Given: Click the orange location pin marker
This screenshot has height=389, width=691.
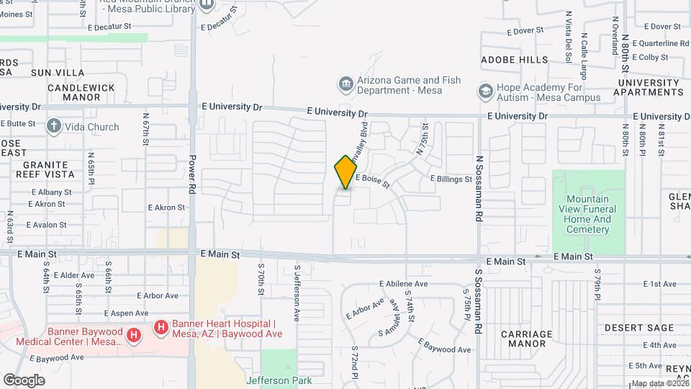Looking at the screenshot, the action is [345, 172].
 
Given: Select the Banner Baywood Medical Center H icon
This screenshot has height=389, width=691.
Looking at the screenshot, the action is [133, 336].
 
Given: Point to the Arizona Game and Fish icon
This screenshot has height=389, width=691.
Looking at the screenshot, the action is [346, 85].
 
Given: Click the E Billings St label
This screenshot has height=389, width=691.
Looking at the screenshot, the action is [451, 179].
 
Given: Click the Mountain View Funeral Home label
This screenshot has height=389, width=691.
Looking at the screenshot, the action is [587, 215].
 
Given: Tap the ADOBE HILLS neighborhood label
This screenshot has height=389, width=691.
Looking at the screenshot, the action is [514, 60].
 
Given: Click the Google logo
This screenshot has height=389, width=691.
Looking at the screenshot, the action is [24, 380].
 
